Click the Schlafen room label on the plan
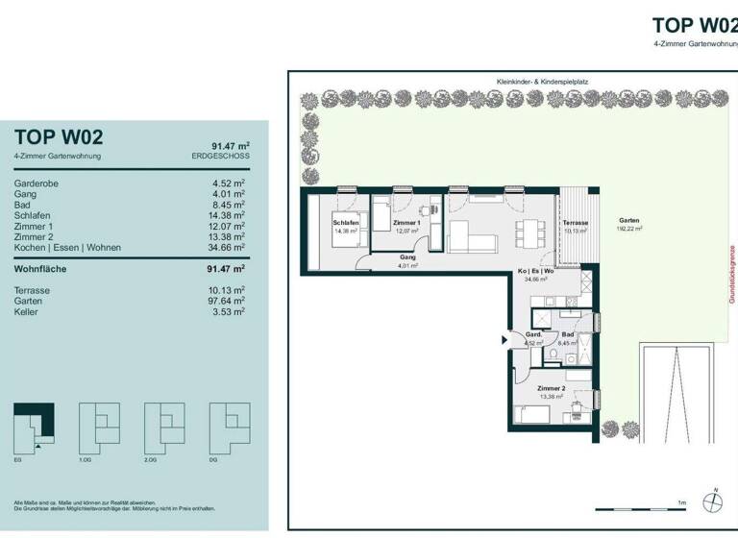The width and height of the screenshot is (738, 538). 346,223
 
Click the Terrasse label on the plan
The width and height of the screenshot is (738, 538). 577,223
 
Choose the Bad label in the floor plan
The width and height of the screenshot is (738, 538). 568,335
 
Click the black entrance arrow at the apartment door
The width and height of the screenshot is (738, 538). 505,339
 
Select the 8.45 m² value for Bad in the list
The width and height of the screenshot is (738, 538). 229,204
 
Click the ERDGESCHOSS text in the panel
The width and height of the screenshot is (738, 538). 220,156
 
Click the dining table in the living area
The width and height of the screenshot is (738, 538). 527,232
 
